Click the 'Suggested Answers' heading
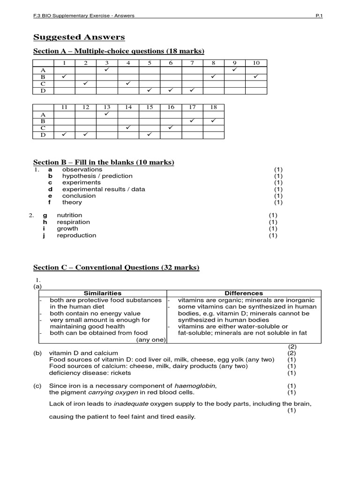pos(79,37)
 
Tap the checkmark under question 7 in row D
pos(192,90)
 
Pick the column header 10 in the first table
pos(256,63)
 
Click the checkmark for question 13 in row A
pos(106,114)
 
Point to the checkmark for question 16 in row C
pos(171,127)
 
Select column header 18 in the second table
pos(213,107)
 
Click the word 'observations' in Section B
pos(82,169)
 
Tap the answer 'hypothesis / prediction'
pos(97,176)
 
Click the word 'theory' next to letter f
pos(72,202)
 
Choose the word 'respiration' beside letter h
pos(73,222)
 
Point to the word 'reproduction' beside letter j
pos(76,235)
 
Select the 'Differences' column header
pos(244,293)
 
